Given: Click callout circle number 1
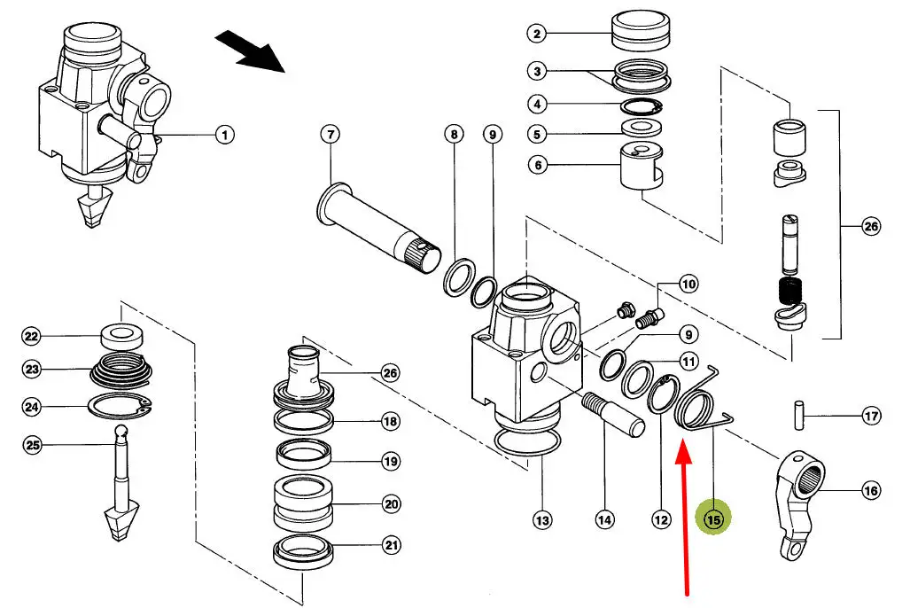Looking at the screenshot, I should pos(224,135).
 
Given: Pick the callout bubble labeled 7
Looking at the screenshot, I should pos(330,135).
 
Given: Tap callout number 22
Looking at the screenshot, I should pos(32,337).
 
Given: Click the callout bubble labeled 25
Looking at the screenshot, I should pos(32,445).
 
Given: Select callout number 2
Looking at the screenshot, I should pos(537,35).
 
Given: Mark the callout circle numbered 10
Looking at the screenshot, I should pos(688,285).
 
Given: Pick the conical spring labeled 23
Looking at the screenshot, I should pos(123,370).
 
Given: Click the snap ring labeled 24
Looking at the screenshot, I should pos(122,408).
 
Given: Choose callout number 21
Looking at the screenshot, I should pos(391,546).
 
